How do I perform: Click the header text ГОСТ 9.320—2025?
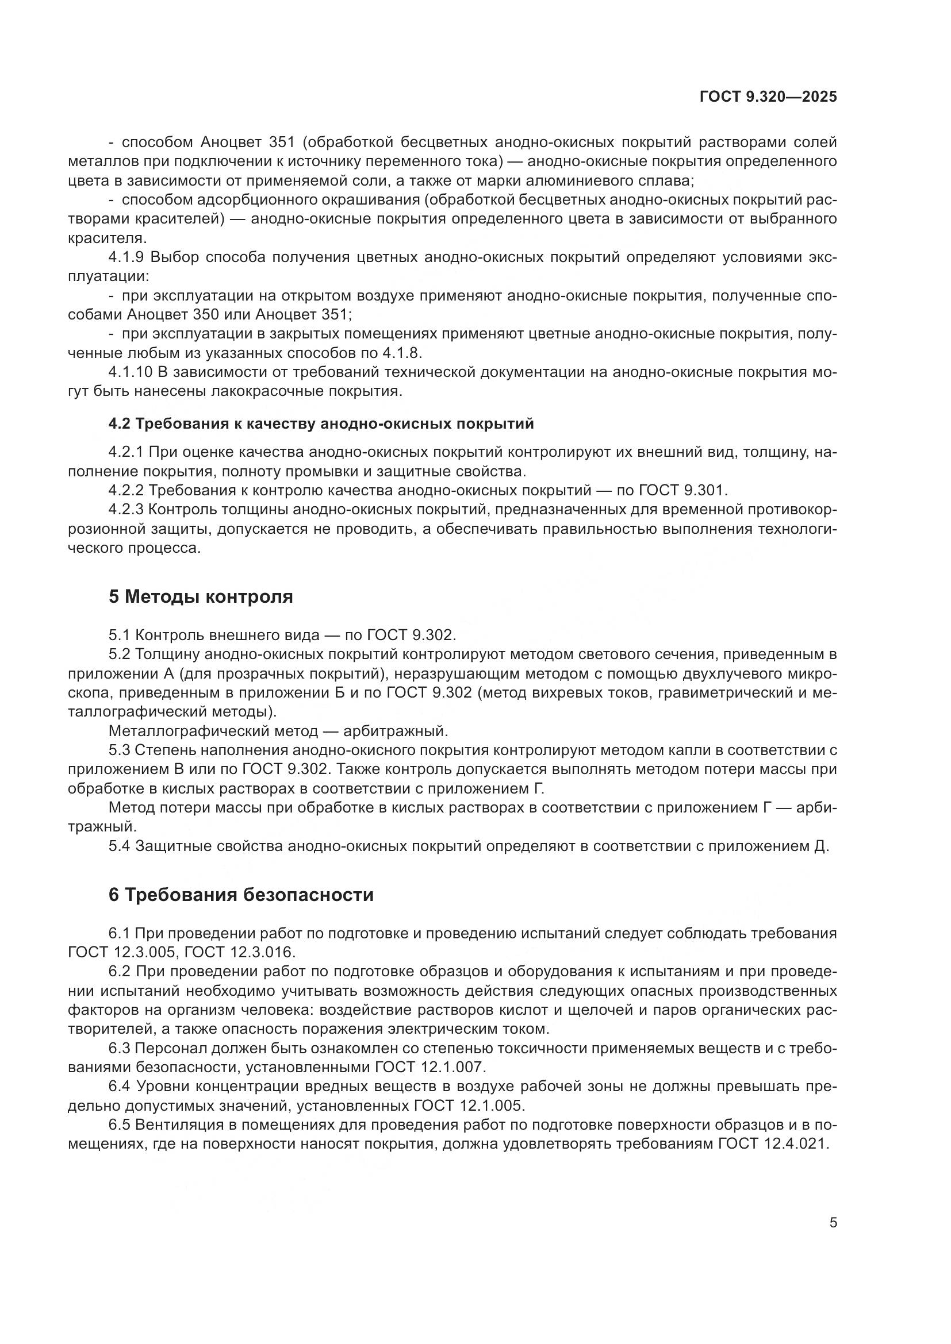768,97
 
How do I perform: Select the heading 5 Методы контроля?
200,596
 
